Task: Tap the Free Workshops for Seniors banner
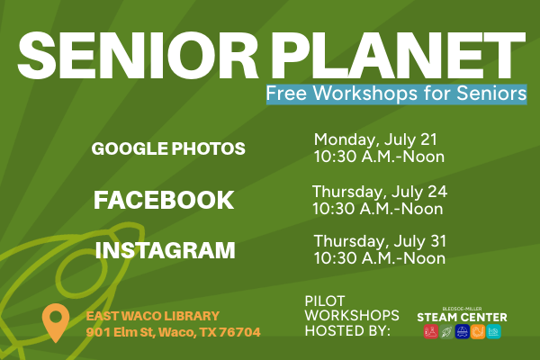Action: pyautogui.click(x=396, y=94)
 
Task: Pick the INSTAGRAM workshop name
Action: pyautogui.click(x=166, y=249)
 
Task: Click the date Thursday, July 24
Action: pyautogui.click(x=379, y=192)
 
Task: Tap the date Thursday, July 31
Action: pyautogui.click(x=379, y=241)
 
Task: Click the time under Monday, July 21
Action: pyautogui.click(x=379, y=157)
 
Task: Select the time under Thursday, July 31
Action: pyautogui.click(x=379, y=258)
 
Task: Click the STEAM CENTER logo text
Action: pyautogui.click(x=462, y=317)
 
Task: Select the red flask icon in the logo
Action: pyautogui.click(x=430, y=332)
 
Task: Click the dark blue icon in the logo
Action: pyautogui.click(x=462, y=332)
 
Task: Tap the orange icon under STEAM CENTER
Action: pyautogui.click(x=478, y=332)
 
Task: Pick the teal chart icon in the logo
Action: pyautogui.click(x=493, y=332)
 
